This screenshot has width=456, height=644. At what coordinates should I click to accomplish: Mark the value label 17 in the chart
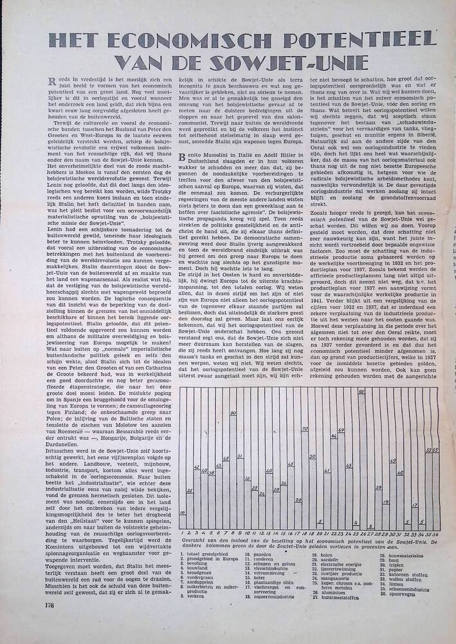415,506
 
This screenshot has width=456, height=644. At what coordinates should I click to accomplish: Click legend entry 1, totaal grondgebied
202,553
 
